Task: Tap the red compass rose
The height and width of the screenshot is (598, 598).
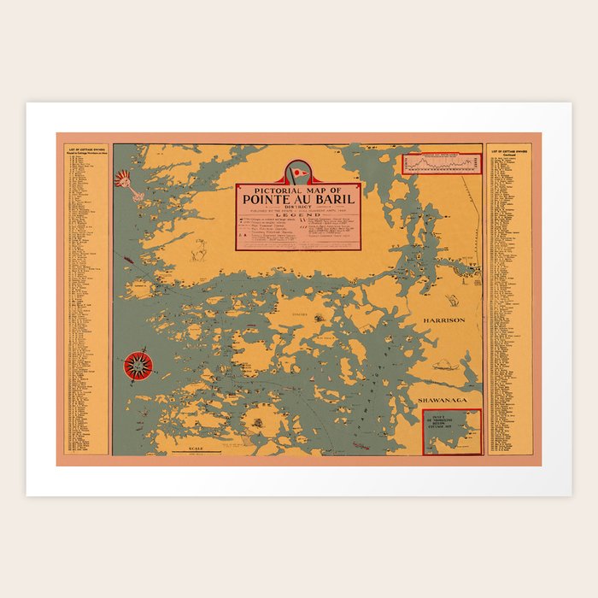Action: click(138, 365)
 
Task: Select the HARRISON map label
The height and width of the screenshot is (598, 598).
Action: click(443, 320)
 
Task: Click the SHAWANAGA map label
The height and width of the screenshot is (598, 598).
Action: click(440, 400)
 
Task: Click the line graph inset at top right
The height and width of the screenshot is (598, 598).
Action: click(443, 162)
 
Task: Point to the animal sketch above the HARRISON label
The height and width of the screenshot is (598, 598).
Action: click(453, 300)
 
